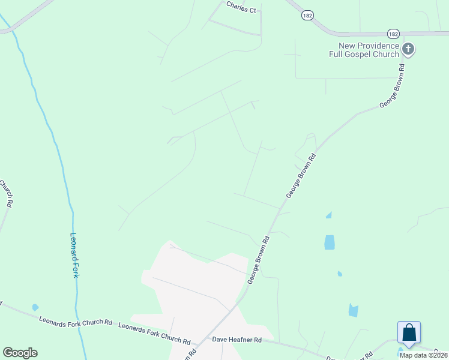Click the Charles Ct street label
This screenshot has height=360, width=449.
tap(241, 7)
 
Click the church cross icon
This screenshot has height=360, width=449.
tap(408, 49)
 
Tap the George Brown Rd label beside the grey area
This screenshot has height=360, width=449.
tap(258, 259)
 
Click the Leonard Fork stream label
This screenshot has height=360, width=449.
tap(75, 255)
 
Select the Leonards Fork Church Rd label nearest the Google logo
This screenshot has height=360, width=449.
tap(75, 322)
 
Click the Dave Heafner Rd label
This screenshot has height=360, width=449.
tap(237, 340)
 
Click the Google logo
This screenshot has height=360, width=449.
tap(20, 353)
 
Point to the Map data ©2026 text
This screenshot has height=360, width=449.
tap(423, 355)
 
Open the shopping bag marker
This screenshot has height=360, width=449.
tap(409, 333)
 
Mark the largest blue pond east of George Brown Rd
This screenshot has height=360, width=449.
tap(330, 242)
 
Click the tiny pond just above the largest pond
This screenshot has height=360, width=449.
tap(328, 215)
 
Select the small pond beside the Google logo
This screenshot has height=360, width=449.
tap(35, 308)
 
